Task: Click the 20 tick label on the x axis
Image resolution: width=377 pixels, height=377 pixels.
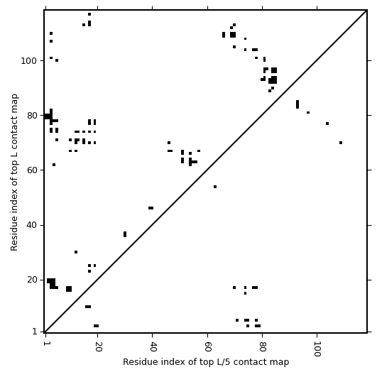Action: click(x=97, y=346)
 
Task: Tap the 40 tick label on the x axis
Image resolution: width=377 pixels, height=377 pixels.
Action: click(x=153, y=346)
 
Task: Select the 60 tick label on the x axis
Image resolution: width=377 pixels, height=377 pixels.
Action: click(x=207, y=346)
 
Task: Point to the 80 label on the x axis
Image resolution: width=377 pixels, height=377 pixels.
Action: click(x=262, y=346)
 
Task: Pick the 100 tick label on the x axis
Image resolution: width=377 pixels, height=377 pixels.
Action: click(x=317, y=349)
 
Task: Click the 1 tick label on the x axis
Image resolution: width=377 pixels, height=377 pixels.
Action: click(x=45, y=344)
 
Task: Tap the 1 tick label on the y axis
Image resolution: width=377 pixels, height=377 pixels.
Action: click(x=35, y=332)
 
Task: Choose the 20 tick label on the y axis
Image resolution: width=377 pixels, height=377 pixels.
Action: click(x=33, y=280)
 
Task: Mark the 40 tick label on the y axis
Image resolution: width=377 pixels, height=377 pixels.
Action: click(x=33, y=225)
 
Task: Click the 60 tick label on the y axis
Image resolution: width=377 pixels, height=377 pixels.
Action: click(x=33, y=170)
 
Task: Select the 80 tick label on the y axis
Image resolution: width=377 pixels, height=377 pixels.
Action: click(x=33, y=116)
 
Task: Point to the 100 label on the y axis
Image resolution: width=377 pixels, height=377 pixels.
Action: click(x=30, y=60)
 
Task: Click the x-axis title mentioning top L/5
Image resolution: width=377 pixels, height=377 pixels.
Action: click(x=206, y=362)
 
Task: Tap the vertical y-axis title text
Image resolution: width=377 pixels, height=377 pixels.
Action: click(x=14, y=172)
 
